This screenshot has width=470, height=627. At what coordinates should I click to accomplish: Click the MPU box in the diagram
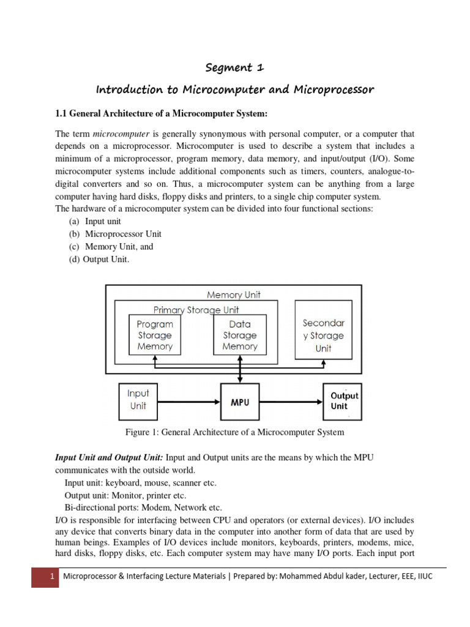click(x=239, y=402)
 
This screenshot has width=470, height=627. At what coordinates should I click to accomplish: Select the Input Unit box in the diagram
click(x=138, y=399)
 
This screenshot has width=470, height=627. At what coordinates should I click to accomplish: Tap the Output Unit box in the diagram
click(x=344, y=401)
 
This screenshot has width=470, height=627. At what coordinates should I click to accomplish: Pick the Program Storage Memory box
click(x=155, y=335)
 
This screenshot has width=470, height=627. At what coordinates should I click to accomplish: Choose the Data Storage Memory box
click(x=239, y=335)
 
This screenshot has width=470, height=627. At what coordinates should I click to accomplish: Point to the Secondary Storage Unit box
click(x=323, y=335)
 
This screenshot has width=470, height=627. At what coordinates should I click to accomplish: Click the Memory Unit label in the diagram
click(x=233, y=295)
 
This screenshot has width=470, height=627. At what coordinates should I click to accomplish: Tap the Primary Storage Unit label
click(x=196, y=310)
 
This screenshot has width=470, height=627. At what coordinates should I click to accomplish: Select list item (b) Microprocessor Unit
click(x=114, y=234)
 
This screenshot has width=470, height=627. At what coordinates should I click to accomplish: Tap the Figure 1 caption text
click(x=234, y=432)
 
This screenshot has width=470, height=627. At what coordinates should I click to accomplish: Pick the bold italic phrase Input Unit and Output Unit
click(x=109, y=459)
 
